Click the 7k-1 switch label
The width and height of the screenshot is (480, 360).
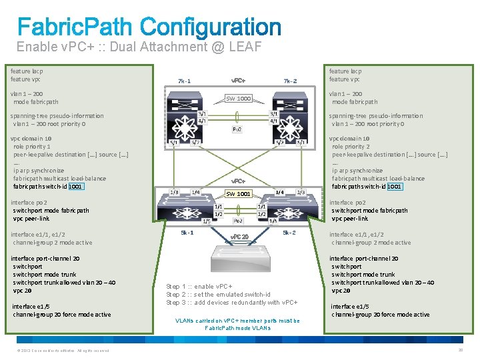click(x=184, y=81)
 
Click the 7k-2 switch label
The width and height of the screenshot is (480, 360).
click(x=290, y=81)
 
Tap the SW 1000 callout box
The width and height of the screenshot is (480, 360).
click(x=238, y=99)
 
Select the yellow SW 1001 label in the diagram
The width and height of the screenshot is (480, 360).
click(x=238, y=194)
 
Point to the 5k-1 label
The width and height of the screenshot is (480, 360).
click(x=187, y=233)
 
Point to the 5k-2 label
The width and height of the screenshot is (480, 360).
click(x=288, y=233)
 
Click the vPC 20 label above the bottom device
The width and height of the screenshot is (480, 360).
click(x=239, y=237)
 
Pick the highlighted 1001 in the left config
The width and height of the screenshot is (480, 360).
click(x=76, y=187)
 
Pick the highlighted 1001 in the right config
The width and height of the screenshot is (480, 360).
click(x=395, y=187)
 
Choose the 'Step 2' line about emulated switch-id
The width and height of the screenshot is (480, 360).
click(x=218, y=295)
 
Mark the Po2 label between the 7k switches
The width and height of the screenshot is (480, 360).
click(x=237, y=129)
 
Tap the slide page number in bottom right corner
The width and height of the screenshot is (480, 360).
click(x=460, y=351)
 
